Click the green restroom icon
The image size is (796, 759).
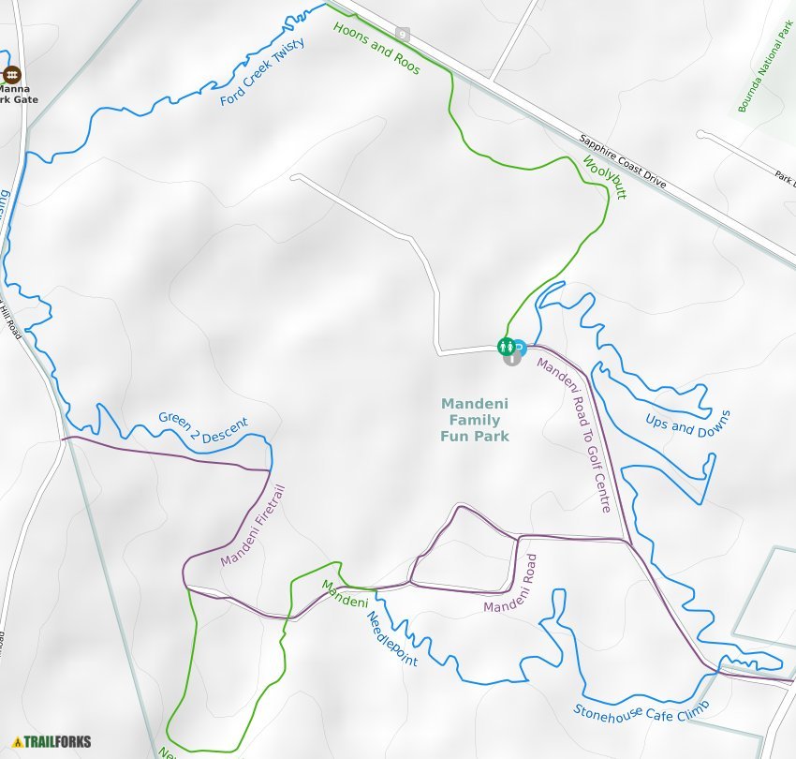point(506,346)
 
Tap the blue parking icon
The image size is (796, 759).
point(519,346)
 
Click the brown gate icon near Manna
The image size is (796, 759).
point(11,74)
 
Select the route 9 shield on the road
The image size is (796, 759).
point(403,35)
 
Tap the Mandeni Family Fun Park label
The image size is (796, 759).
point(476,420)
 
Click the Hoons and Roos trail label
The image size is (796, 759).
point(376,49)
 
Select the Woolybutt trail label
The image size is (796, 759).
point(604,178)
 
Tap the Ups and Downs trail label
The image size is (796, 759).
point(687,424)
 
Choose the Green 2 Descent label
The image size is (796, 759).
point(203,426)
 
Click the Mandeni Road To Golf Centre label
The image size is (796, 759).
point(574,437)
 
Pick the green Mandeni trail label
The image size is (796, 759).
point(345,594)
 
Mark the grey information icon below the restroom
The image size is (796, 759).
point(512,357)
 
